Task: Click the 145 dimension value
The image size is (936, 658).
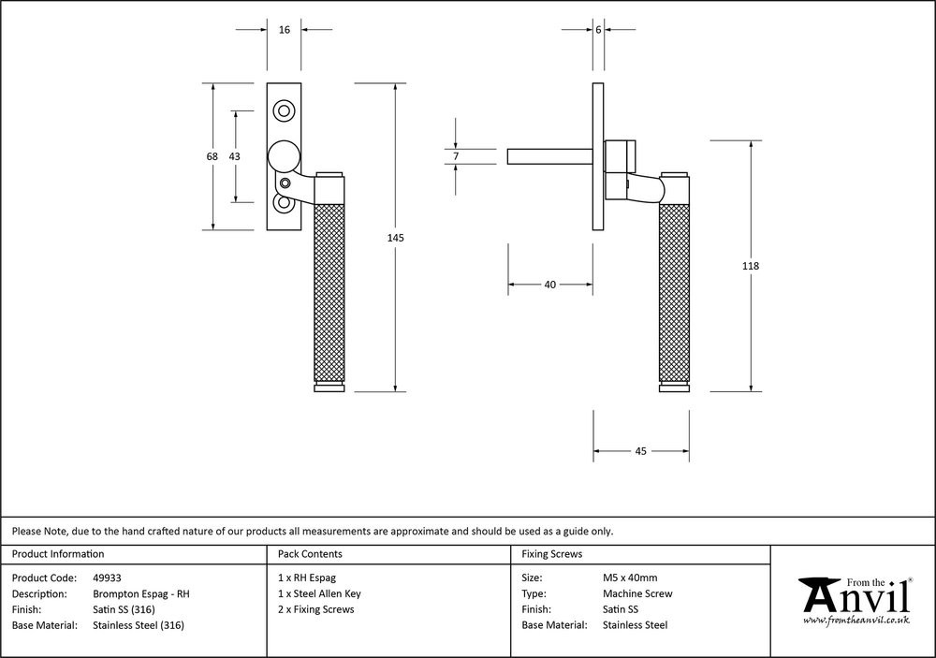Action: [395, 239]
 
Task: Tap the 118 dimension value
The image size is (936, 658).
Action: [750, 267]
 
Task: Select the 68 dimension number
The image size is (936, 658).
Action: [212, 156]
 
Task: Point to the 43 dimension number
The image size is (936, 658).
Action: [234, 156]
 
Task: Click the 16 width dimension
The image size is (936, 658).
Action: [285, 30]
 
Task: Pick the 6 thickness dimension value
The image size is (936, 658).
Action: [597, 30]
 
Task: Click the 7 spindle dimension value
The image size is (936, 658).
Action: [456, 156]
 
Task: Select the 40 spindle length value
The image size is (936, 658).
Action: [549, 285]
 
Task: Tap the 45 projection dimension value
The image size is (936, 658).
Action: [641, 451]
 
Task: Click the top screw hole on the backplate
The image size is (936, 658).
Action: [284, 110]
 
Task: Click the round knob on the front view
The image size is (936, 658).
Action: [283, 154]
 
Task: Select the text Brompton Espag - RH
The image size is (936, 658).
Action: [141, 593]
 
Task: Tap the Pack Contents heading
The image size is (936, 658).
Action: [310, 554]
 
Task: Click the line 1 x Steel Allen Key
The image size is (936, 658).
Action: [319, 593]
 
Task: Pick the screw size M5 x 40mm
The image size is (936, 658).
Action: [630, 578]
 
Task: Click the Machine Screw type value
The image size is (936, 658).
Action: [637, 593]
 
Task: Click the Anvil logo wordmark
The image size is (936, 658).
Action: [854, 594]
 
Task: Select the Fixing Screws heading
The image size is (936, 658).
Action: [551, 554]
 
